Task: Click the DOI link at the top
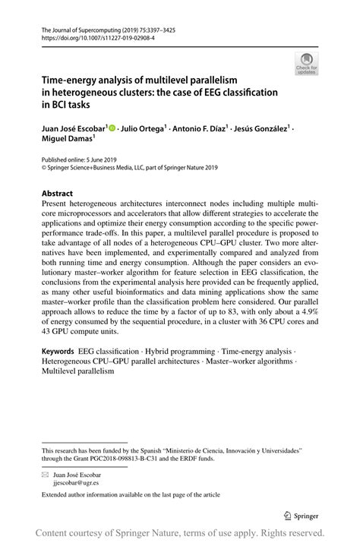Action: (x=90, y=36)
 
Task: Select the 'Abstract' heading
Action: (x=57, y=194)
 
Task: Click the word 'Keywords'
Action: (x=58, y=352)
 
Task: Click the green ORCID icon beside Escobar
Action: (x=113, y=128)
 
